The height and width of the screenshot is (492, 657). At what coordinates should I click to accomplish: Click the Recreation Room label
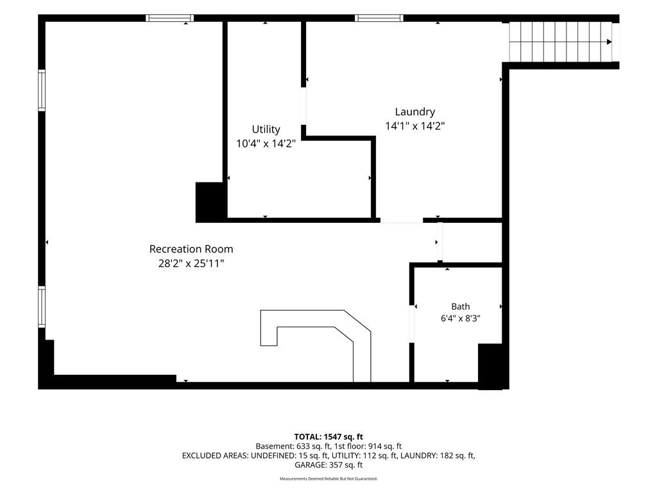pos(191,249)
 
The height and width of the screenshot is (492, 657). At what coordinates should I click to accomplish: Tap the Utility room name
pos(266,129)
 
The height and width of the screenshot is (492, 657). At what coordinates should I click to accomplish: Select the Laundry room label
pos(415,111)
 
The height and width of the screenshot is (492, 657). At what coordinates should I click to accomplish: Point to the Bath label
pos(461,306)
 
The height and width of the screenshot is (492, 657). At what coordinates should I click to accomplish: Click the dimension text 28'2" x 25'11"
pos(191,263)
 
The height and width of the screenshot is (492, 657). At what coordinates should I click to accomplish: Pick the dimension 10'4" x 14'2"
pos(266,144)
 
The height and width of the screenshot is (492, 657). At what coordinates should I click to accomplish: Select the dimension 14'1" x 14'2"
pos(415,126)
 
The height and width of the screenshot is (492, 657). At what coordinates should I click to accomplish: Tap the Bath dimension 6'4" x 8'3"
pos(461,318)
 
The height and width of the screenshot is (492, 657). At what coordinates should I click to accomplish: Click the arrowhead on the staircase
pos(610,42)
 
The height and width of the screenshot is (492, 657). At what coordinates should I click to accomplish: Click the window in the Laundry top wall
pos(379,18)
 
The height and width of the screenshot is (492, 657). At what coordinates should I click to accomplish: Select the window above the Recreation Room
pos(169,18)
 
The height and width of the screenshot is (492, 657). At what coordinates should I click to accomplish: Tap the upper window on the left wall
pos(42,90)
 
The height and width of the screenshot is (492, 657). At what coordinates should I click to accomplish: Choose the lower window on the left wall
pos(42,307)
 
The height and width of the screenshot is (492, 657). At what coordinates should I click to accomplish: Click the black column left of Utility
pos(211,202)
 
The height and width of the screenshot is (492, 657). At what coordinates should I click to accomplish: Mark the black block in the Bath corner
pos(490,366)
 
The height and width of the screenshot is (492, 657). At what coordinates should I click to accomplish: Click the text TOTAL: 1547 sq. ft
pos(328,437)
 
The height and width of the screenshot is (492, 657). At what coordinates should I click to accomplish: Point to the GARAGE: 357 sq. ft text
pos(328,465)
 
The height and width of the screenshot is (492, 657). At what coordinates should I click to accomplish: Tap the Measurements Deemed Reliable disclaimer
pos(328,479)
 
